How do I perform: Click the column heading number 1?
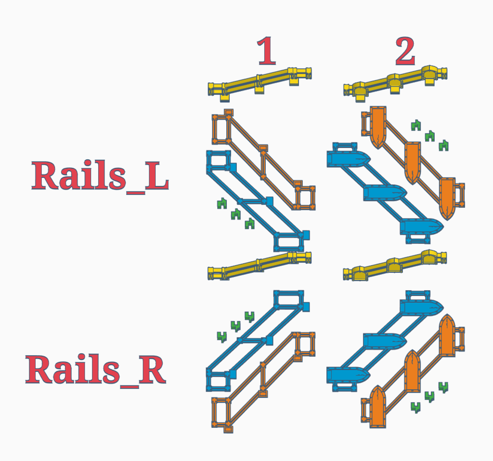coord(267,51)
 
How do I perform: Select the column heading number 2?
coord(405,51)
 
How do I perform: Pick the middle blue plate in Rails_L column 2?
coord(385,192)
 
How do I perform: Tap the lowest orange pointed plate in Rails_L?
coord(448,197)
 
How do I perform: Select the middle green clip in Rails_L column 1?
coord(235,214)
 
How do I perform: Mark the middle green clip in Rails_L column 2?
coord(429,135)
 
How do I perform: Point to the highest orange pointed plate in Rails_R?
coord(447,335)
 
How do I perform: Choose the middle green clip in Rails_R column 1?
coord(235,326)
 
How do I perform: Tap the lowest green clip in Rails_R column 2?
coord(416,407)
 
